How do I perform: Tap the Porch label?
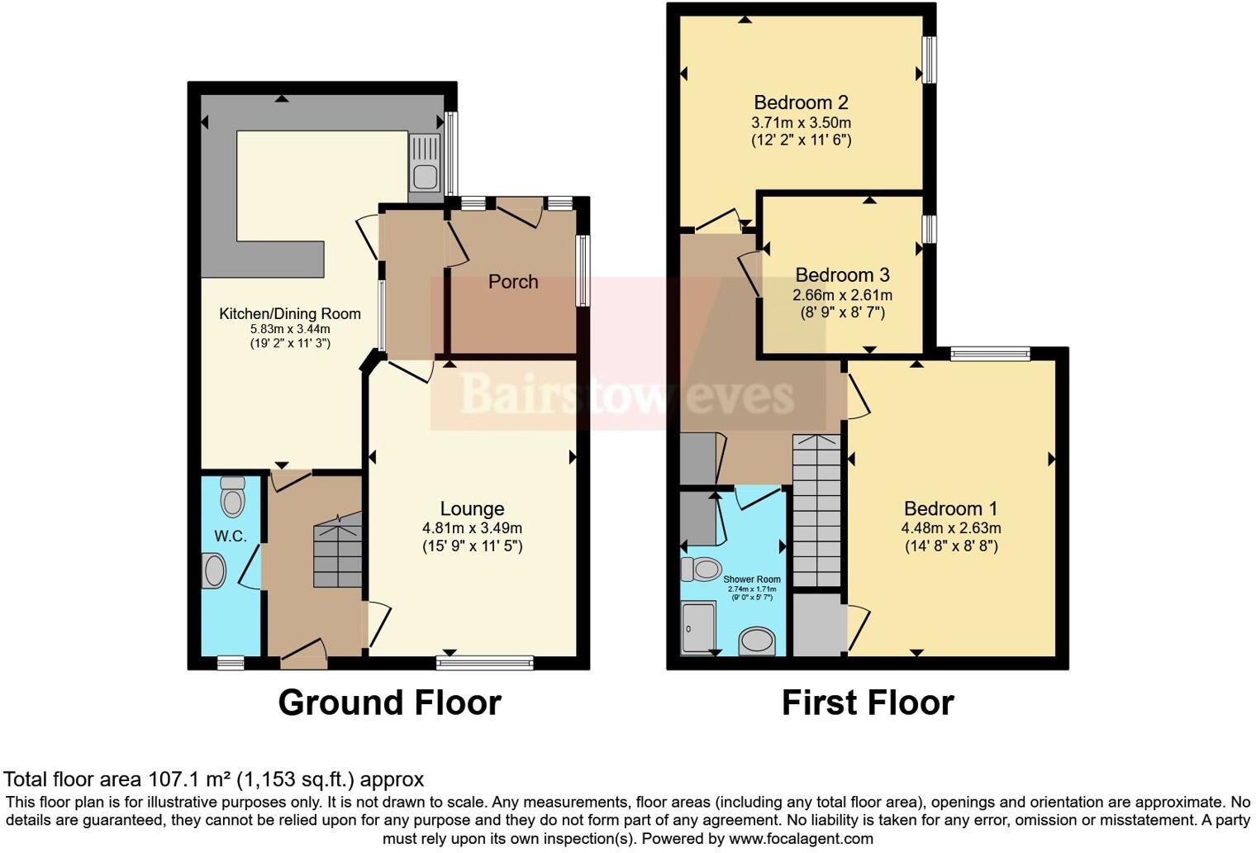click(513, 282)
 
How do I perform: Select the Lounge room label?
click(472, 509)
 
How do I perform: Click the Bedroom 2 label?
click(801, 102)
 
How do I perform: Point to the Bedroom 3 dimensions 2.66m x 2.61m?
click(842, 295)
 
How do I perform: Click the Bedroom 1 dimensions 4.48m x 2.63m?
click(950, 528)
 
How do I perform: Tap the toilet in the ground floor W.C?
click(233, 498)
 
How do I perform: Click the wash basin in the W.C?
click(214, 571)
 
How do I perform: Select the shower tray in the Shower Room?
click(699, 629)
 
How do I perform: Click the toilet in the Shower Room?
click(701, 569)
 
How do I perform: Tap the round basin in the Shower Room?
click(757, 641)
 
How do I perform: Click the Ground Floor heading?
click(389, 703)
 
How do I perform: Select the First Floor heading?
click(868, 703)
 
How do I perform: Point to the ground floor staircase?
click(338, 550)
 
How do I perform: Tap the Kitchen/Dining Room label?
click(289, 314)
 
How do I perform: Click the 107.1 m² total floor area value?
click(189, 779)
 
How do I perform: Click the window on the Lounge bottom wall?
click(485, 662)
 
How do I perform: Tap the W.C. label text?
click(231, 536)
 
